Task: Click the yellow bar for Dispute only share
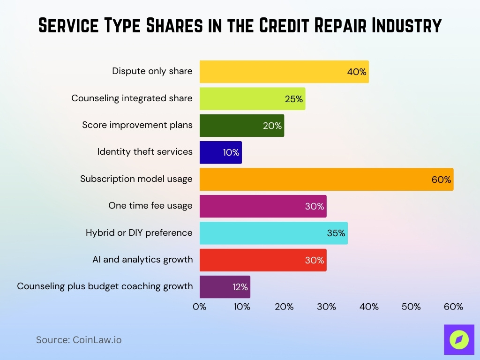coord(284,72)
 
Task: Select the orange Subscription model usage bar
coord(326,179)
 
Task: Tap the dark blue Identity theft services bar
coord(220,152)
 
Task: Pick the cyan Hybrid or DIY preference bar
coord(273,233)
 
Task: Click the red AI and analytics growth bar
coord(262,260)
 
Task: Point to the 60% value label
coord(441,180)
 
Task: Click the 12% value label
coord(240,287)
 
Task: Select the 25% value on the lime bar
coord(294,99)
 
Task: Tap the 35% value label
coord(336,233)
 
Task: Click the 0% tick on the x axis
coord(200,307)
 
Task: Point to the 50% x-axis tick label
coord(411,307)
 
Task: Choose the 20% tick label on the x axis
coord(284,307)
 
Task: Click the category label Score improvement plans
coord(137,125)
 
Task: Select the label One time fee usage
coord(150,205)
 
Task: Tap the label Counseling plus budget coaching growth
coord(105,286)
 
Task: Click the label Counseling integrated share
coord(132,98)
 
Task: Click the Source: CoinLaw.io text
coord(79,340)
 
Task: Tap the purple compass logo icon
coord(459,339)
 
